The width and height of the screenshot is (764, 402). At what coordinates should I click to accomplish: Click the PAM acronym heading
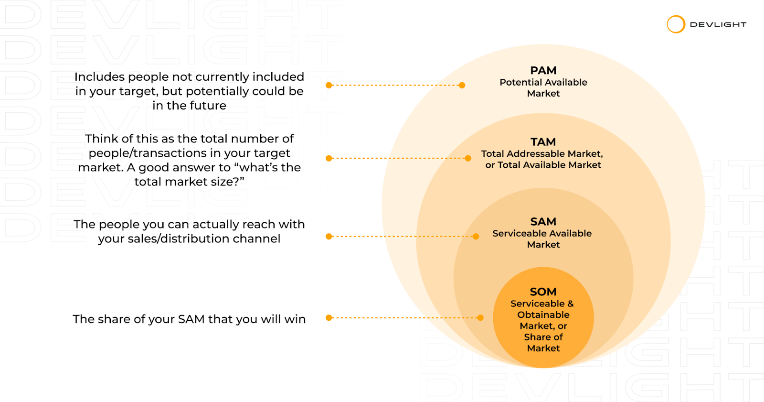(543, 71)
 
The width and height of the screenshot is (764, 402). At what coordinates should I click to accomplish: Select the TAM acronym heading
(543, 142)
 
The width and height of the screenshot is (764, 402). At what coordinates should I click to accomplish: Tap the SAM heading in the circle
(543, 222)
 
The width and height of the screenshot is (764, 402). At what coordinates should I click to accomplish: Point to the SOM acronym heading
(543, 292)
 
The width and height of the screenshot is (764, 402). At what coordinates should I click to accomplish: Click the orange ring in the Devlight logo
(676, 24)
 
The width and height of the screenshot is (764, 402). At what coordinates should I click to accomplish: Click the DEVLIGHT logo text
(718, 24)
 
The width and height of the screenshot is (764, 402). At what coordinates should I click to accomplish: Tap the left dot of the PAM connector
(329, 85)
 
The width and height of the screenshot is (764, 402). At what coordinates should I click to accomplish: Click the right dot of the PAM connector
(462, 85)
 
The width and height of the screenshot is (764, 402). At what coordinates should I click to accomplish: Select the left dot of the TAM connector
(329, 158)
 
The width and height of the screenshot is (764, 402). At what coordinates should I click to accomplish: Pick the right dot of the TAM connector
(468, 158)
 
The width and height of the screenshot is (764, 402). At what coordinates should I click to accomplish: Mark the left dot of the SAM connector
(329, 236)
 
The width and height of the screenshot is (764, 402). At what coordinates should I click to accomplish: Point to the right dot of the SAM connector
(476, 236)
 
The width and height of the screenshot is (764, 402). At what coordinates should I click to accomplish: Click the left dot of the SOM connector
(329, 317)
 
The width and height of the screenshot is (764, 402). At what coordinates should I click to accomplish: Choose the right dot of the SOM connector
(480, 317)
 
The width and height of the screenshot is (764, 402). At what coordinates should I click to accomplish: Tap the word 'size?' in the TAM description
(227, 182)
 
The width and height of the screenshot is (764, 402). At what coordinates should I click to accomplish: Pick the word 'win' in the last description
(295, 319)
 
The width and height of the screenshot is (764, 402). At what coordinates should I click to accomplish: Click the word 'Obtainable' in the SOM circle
(543, 315)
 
